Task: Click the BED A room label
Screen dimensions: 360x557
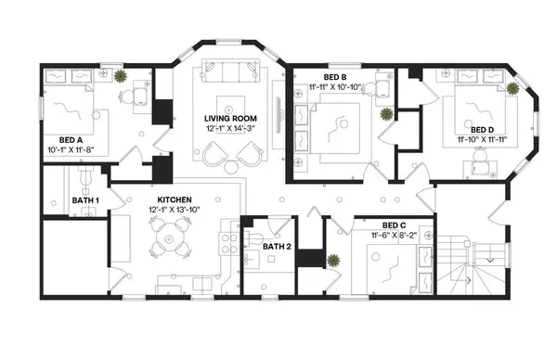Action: (73, 140)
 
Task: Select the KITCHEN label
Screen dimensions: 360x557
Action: (174, 199)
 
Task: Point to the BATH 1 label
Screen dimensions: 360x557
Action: (86, 199)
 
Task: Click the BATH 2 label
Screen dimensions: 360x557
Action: (277, 247)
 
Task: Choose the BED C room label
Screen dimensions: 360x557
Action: (393, 225)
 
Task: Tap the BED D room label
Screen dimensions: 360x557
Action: (482, 130)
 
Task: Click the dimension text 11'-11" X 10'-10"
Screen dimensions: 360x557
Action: (335, 87)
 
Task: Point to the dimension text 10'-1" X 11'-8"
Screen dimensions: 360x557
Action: (73, 150)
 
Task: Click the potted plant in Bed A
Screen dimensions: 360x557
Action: (122, 77)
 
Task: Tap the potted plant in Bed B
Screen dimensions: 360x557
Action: (385, 114)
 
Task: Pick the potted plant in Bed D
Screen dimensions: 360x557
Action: (512, 88)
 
